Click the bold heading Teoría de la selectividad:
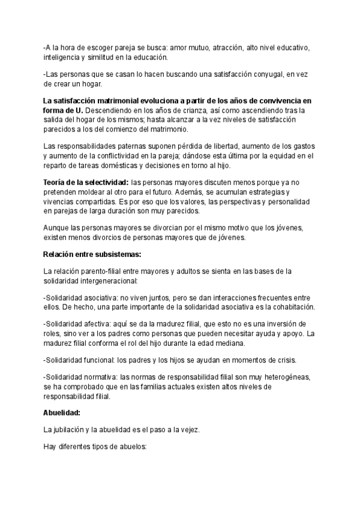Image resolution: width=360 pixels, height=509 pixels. point(86,182)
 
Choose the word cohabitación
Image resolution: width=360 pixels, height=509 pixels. point(287,307)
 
